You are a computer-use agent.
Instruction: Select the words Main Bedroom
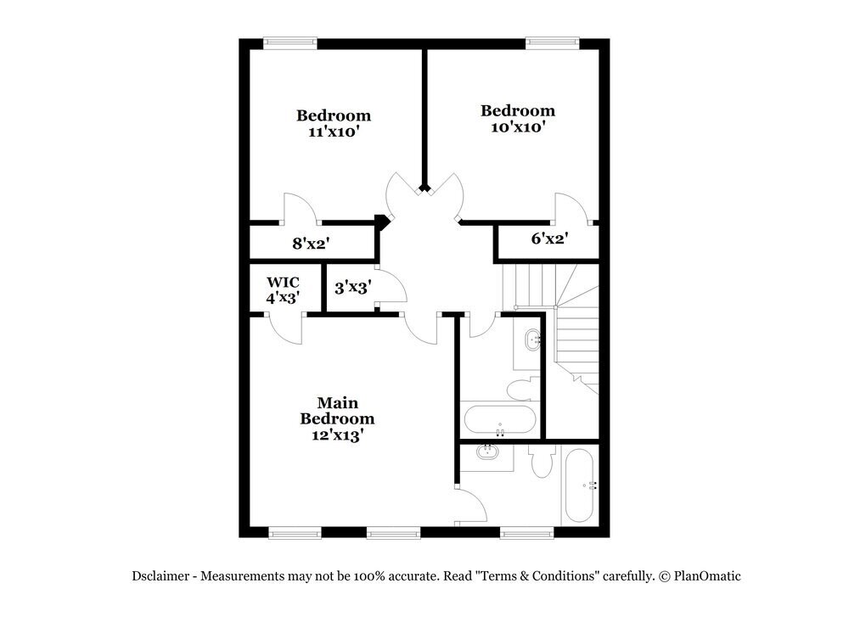(337, 410)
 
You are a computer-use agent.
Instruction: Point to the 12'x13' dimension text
(337, 435)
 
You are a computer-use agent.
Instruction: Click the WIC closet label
(283, 282)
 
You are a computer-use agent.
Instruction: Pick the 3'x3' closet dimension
(351, 288)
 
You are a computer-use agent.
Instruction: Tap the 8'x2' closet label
(311, 244)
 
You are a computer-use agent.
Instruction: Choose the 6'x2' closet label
(549, 239)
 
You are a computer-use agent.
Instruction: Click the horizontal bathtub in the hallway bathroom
(499, 419)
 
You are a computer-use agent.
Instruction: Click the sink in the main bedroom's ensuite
(487, 452)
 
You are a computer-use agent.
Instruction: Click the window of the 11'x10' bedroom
(290, 41)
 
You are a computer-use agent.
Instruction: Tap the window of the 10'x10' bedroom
(552, 41)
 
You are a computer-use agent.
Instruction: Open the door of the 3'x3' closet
(391, 287)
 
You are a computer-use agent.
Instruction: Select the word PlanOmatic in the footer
(706, 576)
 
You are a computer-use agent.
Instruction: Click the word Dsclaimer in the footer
(161, 576)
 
